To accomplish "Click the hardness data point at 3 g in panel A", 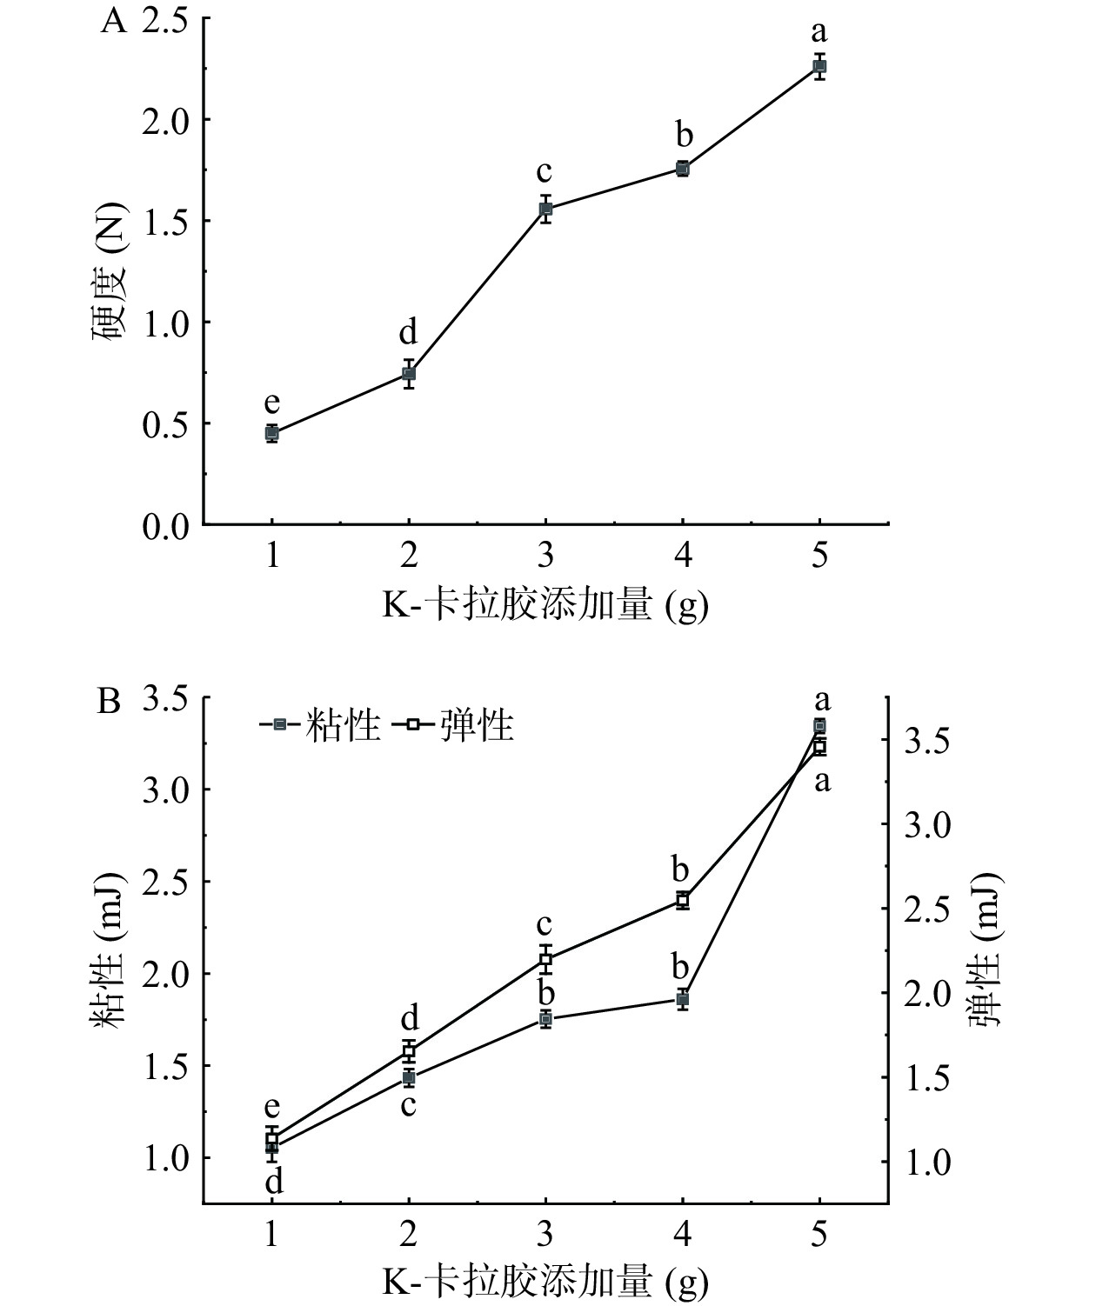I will [545, 209].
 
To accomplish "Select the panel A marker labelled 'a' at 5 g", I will [819, 66].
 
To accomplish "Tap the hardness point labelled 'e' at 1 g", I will [272, 433].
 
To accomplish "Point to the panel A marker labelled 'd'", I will [409, 374].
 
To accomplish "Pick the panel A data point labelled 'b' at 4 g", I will [683, 169].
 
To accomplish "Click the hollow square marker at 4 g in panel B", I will [683, 900].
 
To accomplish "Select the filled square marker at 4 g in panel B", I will [683, 999].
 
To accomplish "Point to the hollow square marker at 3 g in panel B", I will [545, 960].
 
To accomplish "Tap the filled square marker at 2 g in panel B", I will [409, 1078].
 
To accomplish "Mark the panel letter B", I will [109, 701].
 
